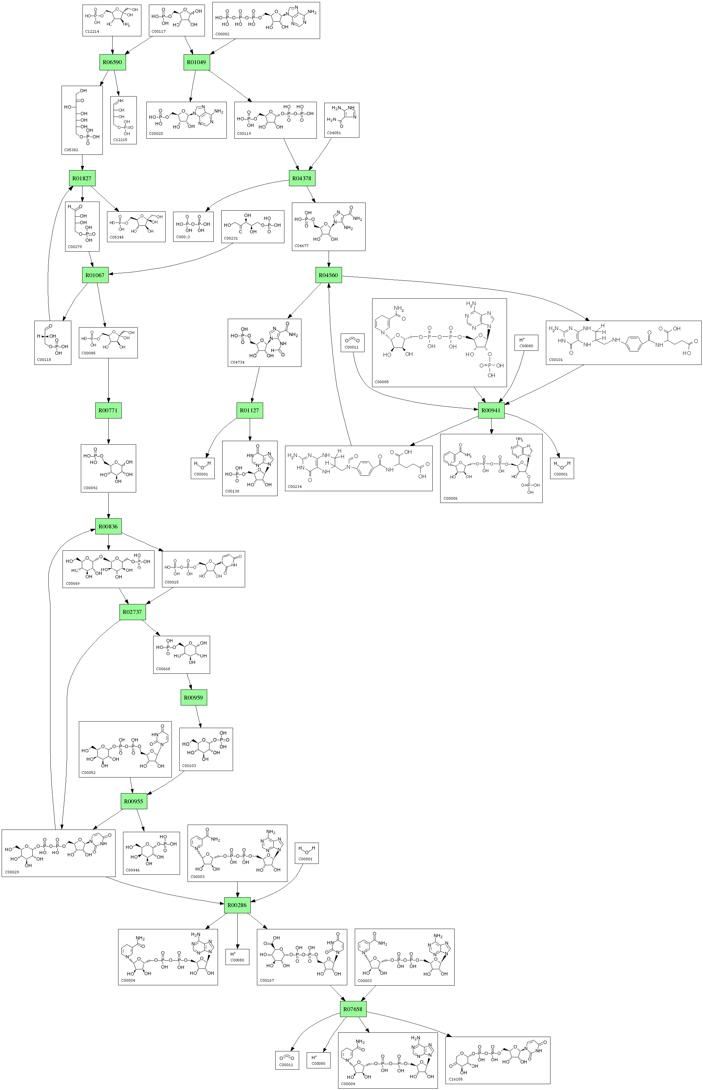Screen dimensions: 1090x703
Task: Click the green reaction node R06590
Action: [112, 62]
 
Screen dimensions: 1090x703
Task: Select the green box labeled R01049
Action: [196, 62]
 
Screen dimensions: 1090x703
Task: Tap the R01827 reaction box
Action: [82, 178]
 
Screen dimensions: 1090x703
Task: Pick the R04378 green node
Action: [302, 178]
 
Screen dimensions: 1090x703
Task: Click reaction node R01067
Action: [95, 275]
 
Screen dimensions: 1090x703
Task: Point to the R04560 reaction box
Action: [328, 275]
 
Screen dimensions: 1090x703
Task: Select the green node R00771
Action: [108, 410]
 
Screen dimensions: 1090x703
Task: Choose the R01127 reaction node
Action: [250, 410]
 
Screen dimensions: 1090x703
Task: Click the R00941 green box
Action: [491, 410]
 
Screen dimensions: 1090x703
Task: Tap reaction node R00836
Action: [108, 526]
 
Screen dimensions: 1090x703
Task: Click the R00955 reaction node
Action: [134, 801]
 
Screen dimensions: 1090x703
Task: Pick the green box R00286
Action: [237, 905]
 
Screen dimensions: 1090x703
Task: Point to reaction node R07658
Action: [353, 1009]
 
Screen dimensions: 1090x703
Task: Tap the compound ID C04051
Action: [334, 133]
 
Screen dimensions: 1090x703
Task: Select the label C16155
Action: [456, 1080]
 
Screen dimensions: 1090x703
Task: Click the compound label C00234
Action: [295, 487]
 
